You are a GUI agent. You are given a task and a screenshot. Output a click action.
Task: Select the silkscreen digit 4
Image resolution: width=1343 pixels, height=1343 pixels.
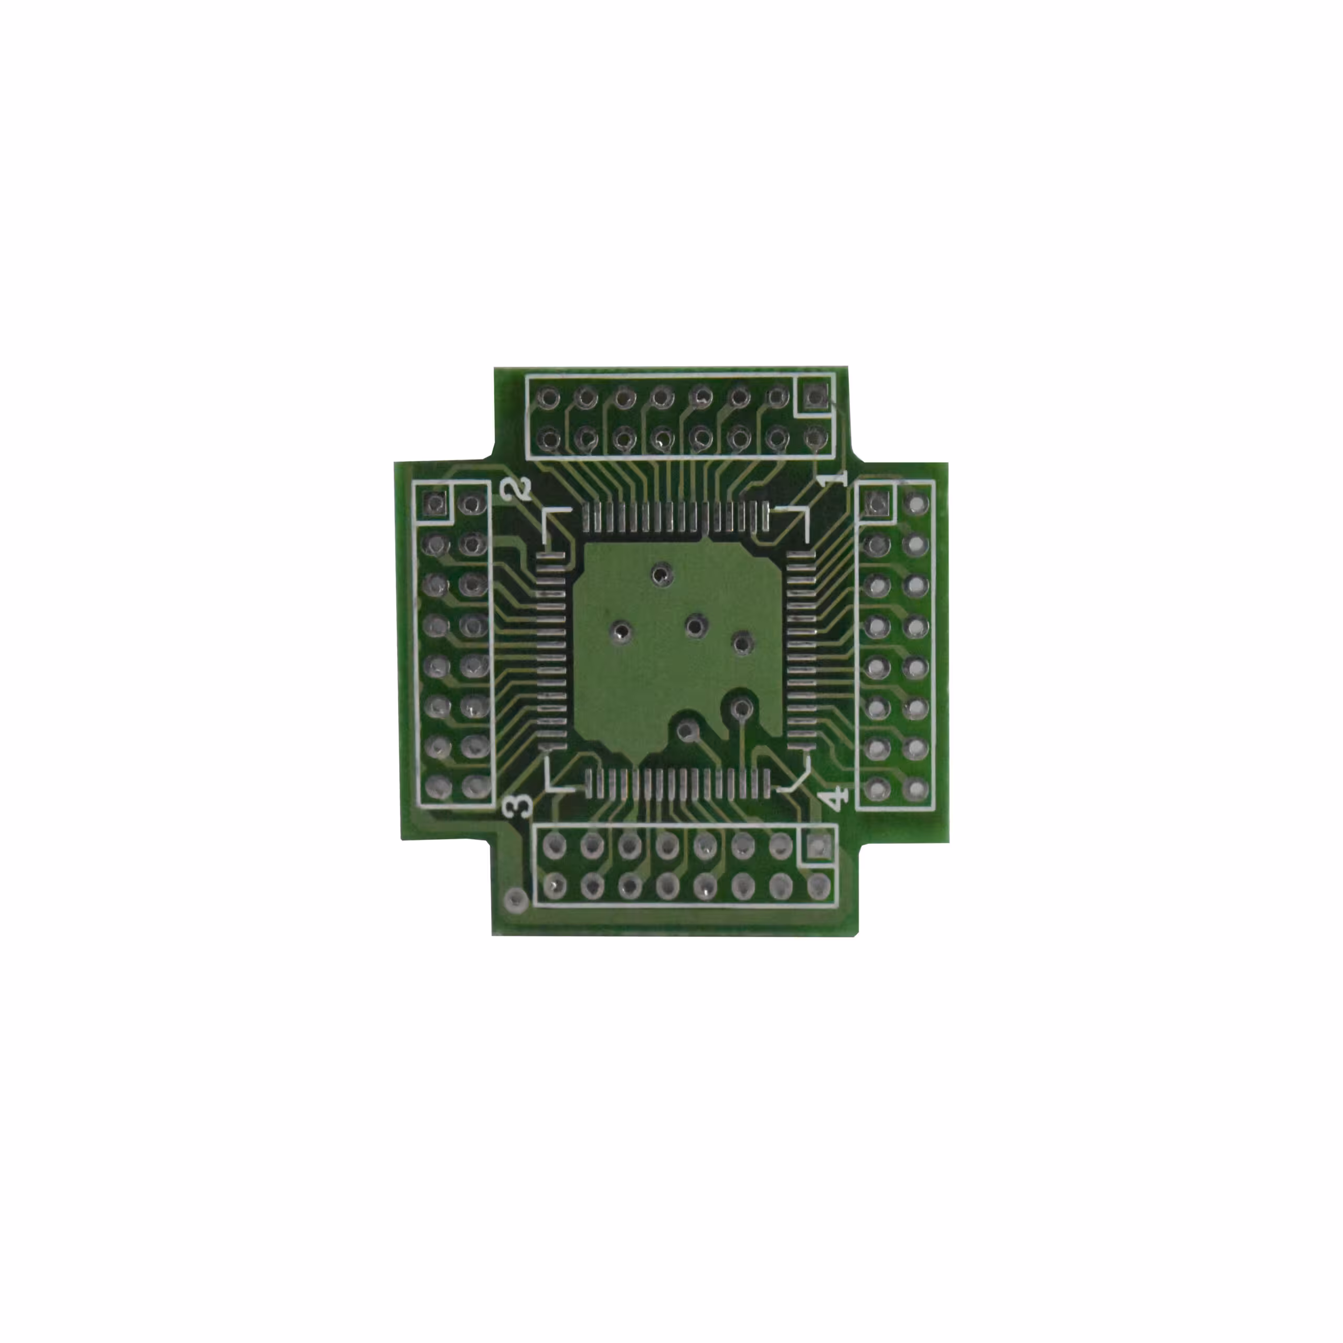coord(836,797)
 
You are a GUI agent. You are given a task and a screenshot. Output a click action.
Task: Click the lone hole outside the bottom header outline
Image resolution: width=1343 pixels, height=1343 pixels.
coord(515,900)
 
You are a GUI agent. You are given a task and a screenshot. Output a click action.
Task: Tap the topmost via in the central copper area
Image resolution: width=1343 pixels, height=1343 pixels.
coord(661,573)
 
